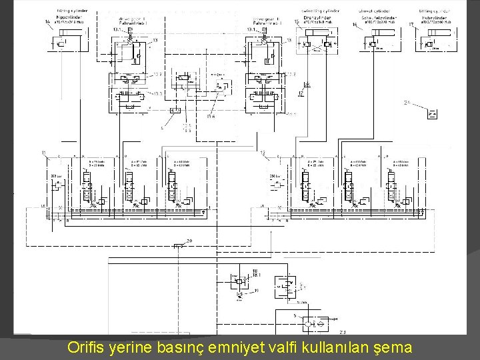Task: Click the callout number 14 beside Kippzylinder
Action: [47, 23]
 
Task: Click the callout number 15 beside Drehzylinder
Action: [297, 22]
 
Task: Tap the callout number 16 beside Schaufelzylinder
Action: [355, 24]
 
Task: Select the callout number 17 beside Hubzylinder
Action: [411, 24]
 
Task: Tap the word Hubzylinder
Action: [434, 17]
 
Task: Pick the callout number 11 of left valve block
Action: [43, 153]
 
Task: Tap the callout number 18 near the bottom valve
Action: [255, 270]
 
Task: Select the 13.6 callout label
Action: [211, 117]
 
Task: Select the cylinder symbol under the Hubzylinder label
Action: [435, 44]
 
